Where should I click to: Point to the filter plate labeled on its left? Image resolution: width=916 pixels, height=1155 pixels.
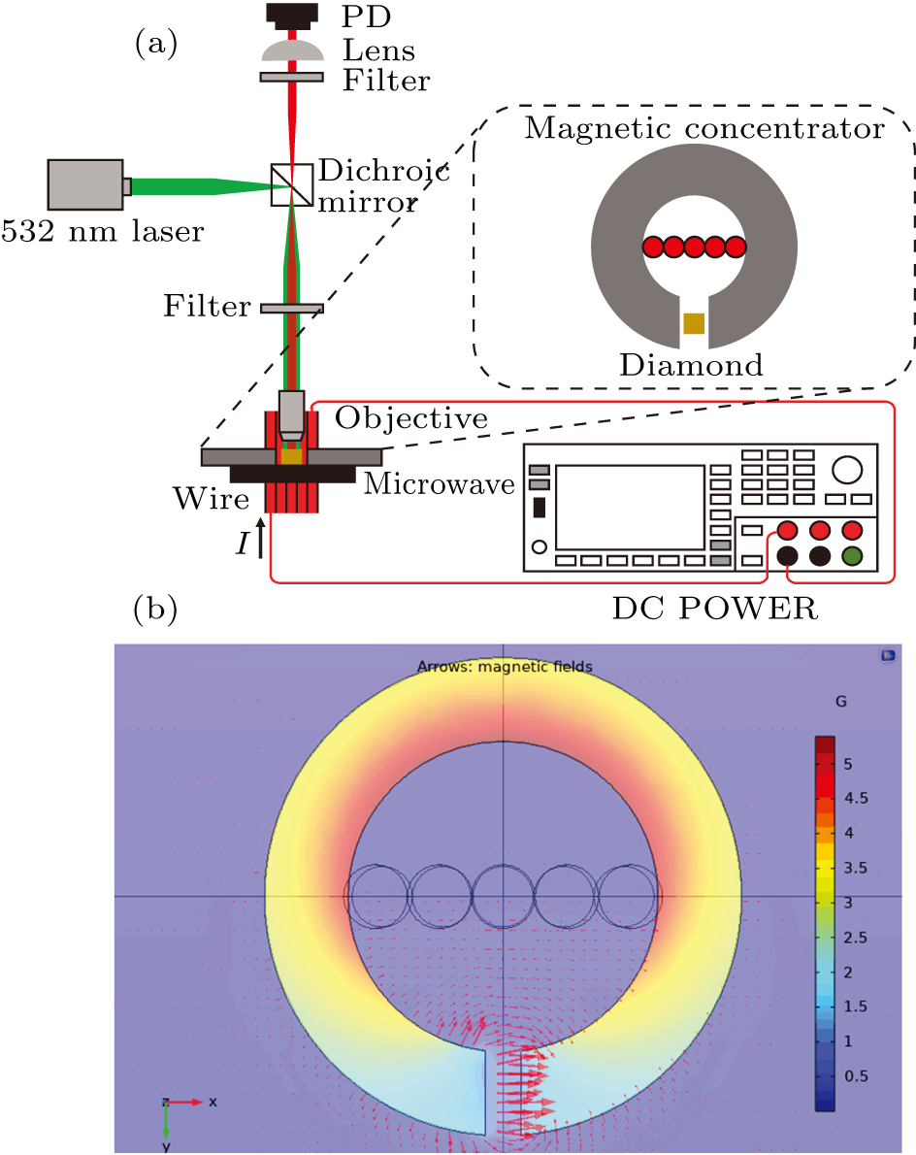[x=291, y=308]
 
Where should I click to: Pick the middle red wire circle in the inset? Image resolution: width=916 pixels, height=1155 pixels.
[x=694, y=247]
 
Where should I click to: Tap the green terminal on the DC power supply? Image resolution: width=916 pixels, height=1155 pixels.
[x=852, y=556]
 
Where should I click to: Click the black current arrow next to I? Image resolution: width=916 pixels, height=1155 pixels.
[x=261, y=541]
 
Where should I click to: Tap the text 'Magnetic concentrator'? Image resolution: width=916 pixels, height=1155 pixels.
[x=704, y=128]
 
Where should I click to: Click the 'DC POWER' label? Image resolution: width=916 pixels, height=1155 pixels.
[x=715, y=610]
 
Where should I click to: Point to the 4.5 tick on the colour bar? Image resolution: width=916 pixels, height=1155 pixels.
[x=854, y=798]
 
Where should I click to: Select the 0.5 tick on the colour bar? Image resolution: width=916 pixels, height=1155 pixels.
[x=854, y=1075]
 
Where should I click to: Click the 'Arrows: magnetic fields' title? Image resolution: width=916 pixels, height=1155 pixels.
[x=505, y=667]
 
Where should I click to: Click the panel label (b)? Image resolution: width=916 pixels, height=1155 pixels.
[x=154, y=610]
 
